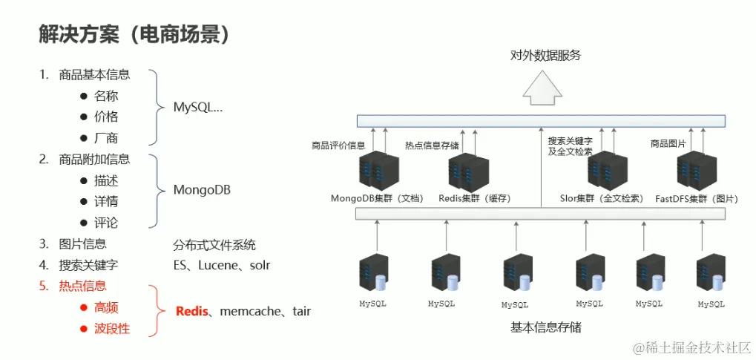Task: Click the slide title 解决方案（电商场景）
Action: pos(134,34)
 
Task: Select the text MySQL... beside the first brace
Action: pos(197,107)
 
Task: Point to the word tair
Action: pos(301,311)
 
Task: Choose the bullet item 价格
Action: pos(106,117)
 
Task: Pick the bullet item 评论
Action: pos(106,223)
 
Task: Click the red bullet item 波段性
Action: pos(112,328)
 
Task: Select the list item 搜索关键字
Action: pos(88,264)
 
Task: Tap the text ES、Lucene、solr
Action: pos(221,264)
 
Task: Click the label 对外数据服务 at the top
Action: pos(545,56)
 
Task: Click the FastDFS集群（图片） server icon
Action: pos(697,171)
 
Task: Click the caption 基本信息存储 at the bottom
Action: pos(545,327)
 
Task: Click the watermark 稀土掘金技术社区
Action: pos(690,347)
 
